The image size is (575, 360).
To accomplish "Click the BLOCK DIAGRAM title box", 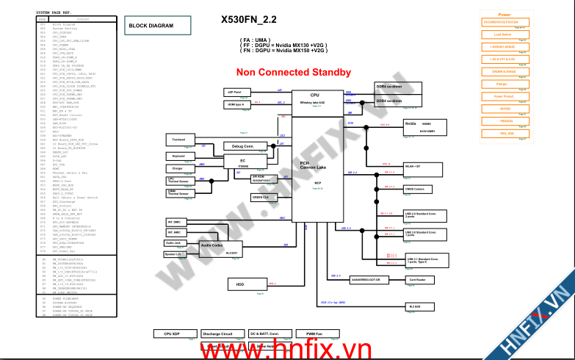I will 151,26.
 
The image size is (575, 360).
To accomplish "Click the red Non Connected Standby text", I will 293,72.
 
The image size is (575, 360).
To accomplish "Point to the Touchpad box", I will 178,140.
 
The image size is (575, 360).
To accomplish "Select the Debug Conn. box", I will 243,146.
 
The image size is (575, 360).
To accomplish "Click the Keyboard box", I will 178,156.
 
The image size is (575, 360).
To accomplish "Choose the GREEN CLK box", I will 261,198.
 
